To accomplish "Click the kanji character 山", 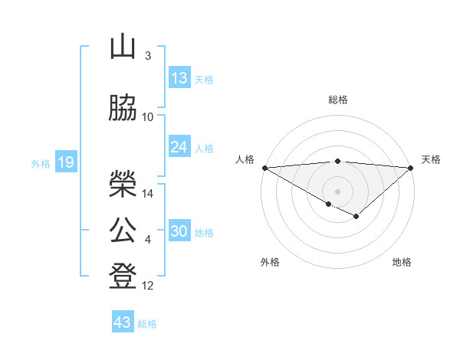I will (x=123, y=47).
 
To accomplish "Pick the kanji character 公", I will (x=123, y=230).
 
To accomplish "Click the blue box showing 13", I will (x=179, y=78).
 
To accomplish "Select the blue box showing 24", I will (x=179, y=147).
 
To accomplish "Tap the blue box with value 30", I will (x=179, y=232).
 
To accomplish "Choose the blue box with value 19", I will (x=65, y=162).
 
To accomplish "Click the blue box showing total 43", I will (x=123, y=322).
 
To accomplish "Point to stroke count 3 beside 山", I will (x=147, y=55).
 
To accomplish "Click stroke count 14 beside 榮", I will (x=149, y=194).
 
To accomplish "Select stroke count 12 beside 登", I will (x=149, y=286).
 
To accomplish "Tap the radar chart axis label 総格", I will (x=337, y=100).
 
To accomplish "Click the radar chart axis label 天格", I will (x=431, y=159).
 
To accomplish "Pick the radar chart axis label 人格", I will (x=245, y=159).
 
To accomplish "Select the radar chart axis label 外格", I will (x=270, y=262).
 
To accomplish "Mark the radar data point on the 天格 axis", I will (x=411, y=167).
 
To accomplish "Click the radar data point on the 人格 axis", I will (x=264, y=167).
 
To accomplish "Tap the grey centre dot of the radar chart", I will (x=337, y=190).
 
